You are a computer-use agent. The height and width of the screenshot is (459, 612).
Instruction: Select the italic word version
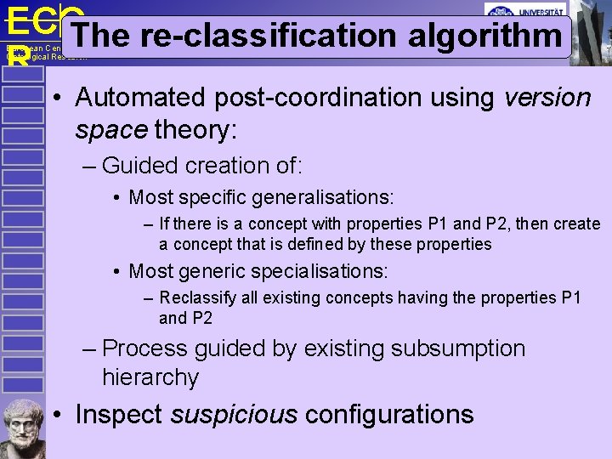547,98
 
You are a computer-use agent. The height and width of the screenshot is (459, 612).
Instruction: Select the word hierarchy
150,377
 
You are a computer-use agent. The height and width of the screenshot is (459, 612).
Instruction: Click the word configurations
388,415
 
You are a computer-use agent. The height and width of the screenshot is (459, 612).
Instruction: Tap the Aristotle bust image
23,428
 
